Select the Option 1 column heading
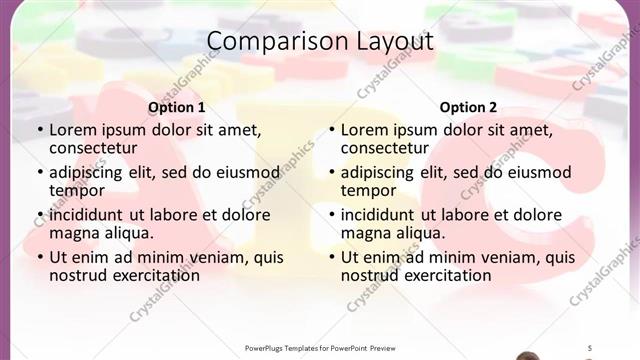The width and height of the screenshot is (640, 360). point(177,107)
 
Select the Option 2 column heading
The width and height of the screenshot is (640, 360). point(468,107)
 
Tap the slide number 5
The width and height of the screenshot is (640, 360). point(590,348)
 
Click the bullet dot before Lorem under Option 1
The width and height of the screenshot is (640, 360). point(40,131)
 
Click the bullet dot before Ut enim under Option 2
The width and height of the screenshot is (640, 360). point(332,257)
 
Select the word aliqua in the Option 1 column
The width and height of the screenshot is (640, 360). point(127,233)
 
